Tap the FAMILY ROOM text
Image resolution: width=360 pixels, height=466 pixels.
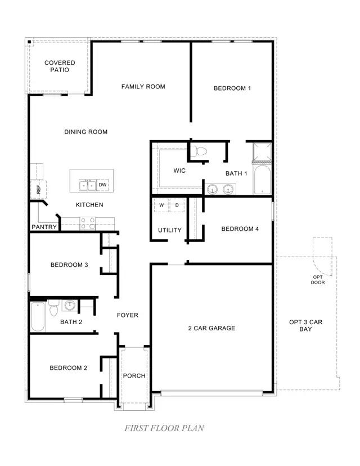[143, 87]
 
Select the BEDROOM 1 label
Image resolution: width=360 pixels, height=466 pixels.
[232, 88]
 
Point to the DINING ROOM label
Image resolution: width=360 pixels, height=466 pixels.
[85, 132]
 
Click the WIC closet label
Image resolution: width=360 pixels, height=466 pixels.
[179, 171]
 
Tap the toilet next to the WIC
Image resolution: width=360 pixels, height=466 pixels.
[199, 151]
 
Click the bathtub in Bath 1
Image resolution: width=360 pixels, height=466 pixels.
[262, 180]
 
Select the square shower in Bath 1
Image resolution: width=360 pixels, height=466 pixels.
[262, 151]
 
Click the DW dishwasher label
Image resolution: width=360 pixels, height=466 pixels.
[102, 185]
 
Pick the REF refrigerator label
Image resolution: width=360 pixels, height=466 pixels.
[38, 190]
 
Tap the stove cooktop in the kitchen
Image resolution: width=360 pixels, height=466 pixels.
[88, 223]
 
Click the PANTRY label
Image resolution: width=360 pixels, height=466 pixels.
[44, 227]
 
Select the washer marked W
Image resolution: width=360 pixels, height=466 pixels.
[161, 205]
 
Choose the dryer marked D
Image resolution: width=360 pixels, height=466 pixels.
[177, 205]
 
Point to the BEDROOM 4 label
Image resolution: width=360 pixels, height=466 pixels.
[240, 229]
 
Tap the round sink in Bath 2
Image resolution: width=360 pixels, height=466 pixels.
[70, 306]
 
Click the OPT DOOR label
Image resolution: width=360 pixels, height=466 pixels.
[318, 280]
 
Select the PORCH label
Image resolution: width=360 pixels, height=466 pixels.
[134, 376]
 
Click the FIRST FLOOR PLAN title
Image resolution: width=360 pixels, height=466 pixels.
[164, 428]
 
